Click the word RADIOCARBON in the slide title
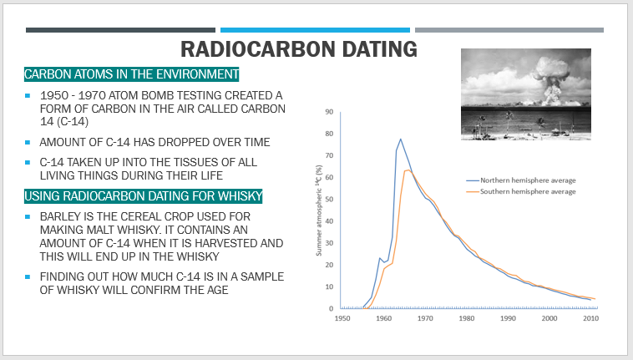tap(258, 49)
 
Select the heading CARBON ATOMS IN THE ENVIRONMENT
tap(132, 74)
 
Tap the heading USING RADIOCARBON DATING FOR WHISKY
tap(144, 196)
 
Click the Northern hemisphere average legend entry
tap(521, 180)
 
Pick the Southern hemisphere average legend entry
tap(521, 192)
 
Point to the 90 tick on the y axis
tap(329, 112)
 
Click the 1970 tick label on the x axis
tap(425, 318)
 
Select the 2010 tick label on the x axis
tap(590, 318)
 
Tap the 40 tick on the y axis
tap(329, 221)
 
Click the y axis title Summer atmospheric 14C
tap(319, 210)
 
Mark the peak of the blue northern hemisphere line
tap(401, 139)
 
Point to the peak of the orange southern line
tap(408, 170)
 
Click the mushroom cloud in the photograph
tap(549, 81)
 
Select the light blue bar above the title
tap(315, 30)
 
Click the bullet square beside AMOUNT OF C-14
tap(28, 142)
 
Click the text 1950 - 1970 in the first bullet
tap(73, 96)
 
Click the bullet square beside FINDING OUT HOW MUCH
tap(28, 276)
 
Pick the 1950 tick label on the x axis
tap(342, 318)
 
